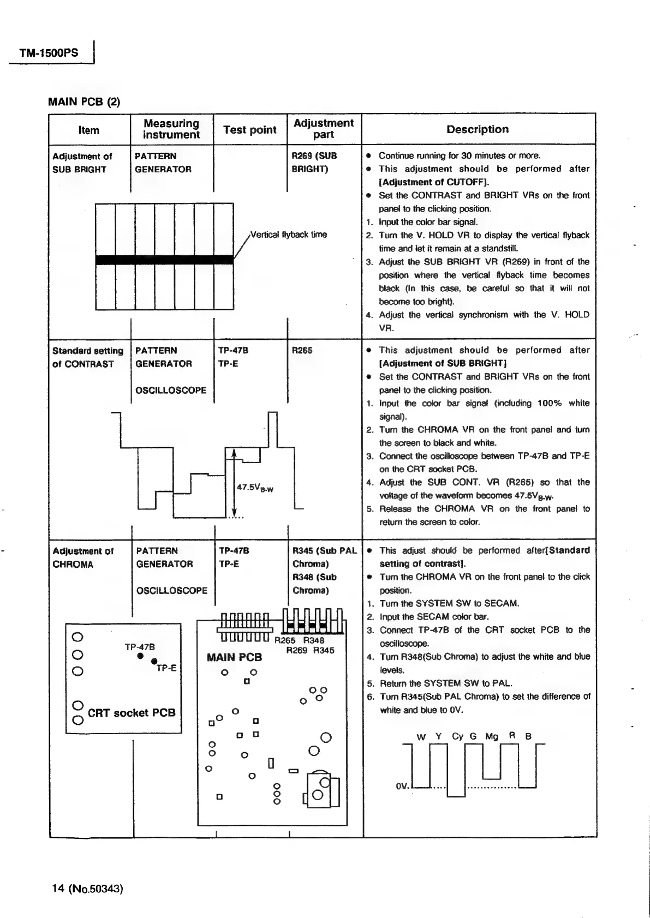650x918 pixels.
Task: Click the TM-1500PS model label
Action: pos(49,53)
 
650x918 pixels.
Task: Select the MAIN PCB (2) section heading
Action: pos(84,101)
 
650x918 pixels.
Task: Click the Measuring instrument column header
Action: pos(171,129)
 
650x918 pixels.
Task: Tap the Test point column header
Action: pos(250,130)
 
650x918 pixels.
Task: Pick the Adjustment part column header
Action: pos(324,129)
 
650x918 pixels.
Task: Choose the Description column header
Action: pos(478,129)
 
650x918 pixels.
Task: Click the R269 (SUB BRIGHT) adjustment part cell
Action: pos(315,162)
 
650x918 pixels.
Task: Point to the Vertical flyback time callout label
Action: pos(288,235)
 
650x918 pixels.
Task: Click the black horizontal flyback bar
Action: pos(164,260)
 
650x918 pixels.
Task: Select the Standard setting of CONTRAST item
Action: pos(87,357)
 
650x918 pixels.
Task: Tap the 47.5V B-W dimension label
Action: pos(255,488)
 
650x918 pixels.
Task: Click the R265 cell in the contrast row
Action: pos(302,350)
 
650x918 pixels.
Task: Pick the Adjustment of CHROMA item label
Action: pos(83,557)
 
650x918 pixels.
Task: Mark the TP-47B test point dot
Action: pos(140,656)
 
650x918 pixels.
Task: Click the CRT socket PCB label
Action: pos(132,712)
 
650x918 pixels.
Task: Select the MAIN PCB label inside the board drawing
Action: pos(234,657)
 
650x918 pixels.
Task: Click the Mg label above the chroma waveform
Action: pos(492,736)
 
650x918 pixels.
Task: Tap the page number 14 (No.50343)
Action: pos(87,889)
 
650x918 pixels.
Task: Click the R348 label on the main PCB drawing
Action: pos(314,640)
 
